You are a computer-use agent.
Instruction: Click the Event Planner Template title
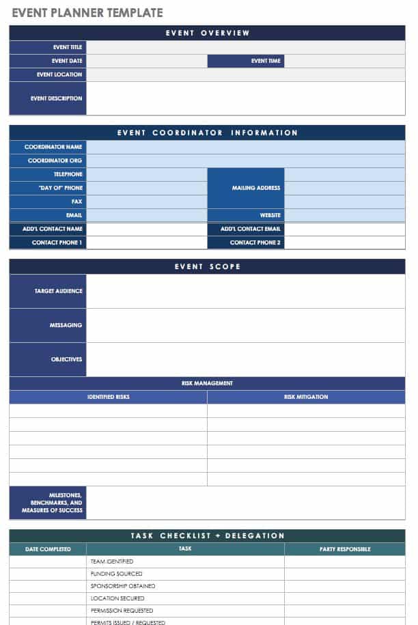(87, 12)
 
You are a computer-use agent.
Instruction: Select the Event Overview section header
(207, 33)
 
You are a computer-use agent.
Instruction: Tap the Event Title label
(67, 47)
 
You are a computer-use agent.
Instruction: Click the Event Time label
(266, 61)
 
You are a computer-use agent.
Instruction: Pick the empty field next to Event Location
(245, 74)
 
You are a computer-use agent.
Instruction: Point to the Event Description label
(56, 98)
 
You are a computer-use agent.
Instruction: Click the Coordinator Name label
(53, 147)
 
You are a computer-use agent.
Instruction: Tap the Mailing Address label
(256, 188)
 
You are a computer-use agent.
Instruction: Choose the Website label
(270, 215)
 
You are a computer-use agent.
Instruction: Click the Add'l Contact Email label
(250, 229)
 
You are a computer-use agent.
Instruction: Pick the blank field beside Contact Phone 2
(344, 242)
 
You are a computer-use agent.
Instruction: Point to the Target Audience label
(58, 291)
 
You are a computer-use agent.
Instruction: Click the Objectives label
(66, 359)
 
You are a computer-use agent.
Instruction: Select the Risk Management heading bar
(207, 383)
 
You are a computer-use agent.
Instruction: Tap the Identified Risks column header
(108, 397)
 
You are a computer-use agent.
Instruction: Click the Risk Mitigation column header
(306, 397)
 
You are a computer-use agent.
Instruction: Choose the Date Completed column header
(48, 549)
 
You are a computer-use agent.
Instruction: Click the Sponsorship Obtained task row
(123, 586)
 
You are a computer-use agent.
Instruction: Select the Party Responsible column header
(345, 549)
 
